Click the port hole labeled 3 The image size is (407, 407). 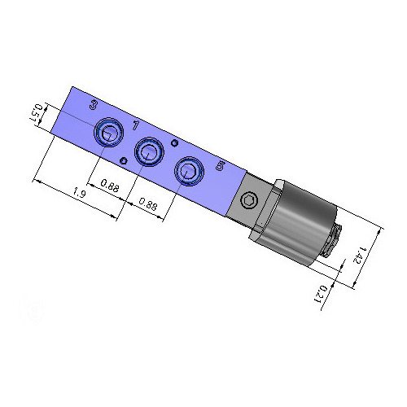107,132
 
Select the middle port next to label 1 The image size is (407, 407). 148,151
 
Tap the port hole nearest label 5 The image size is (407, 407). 189,172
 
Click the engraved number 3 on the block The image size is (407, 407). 94,105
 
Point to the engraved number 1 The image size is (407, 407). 135,125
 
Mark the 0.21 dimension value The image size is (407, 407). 322,291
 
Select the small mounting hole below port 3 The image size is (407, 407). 123,160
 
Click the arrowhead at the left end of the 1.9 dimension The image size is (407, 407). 34,178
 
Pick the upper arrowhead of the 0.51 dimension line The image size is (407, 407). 47,103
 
